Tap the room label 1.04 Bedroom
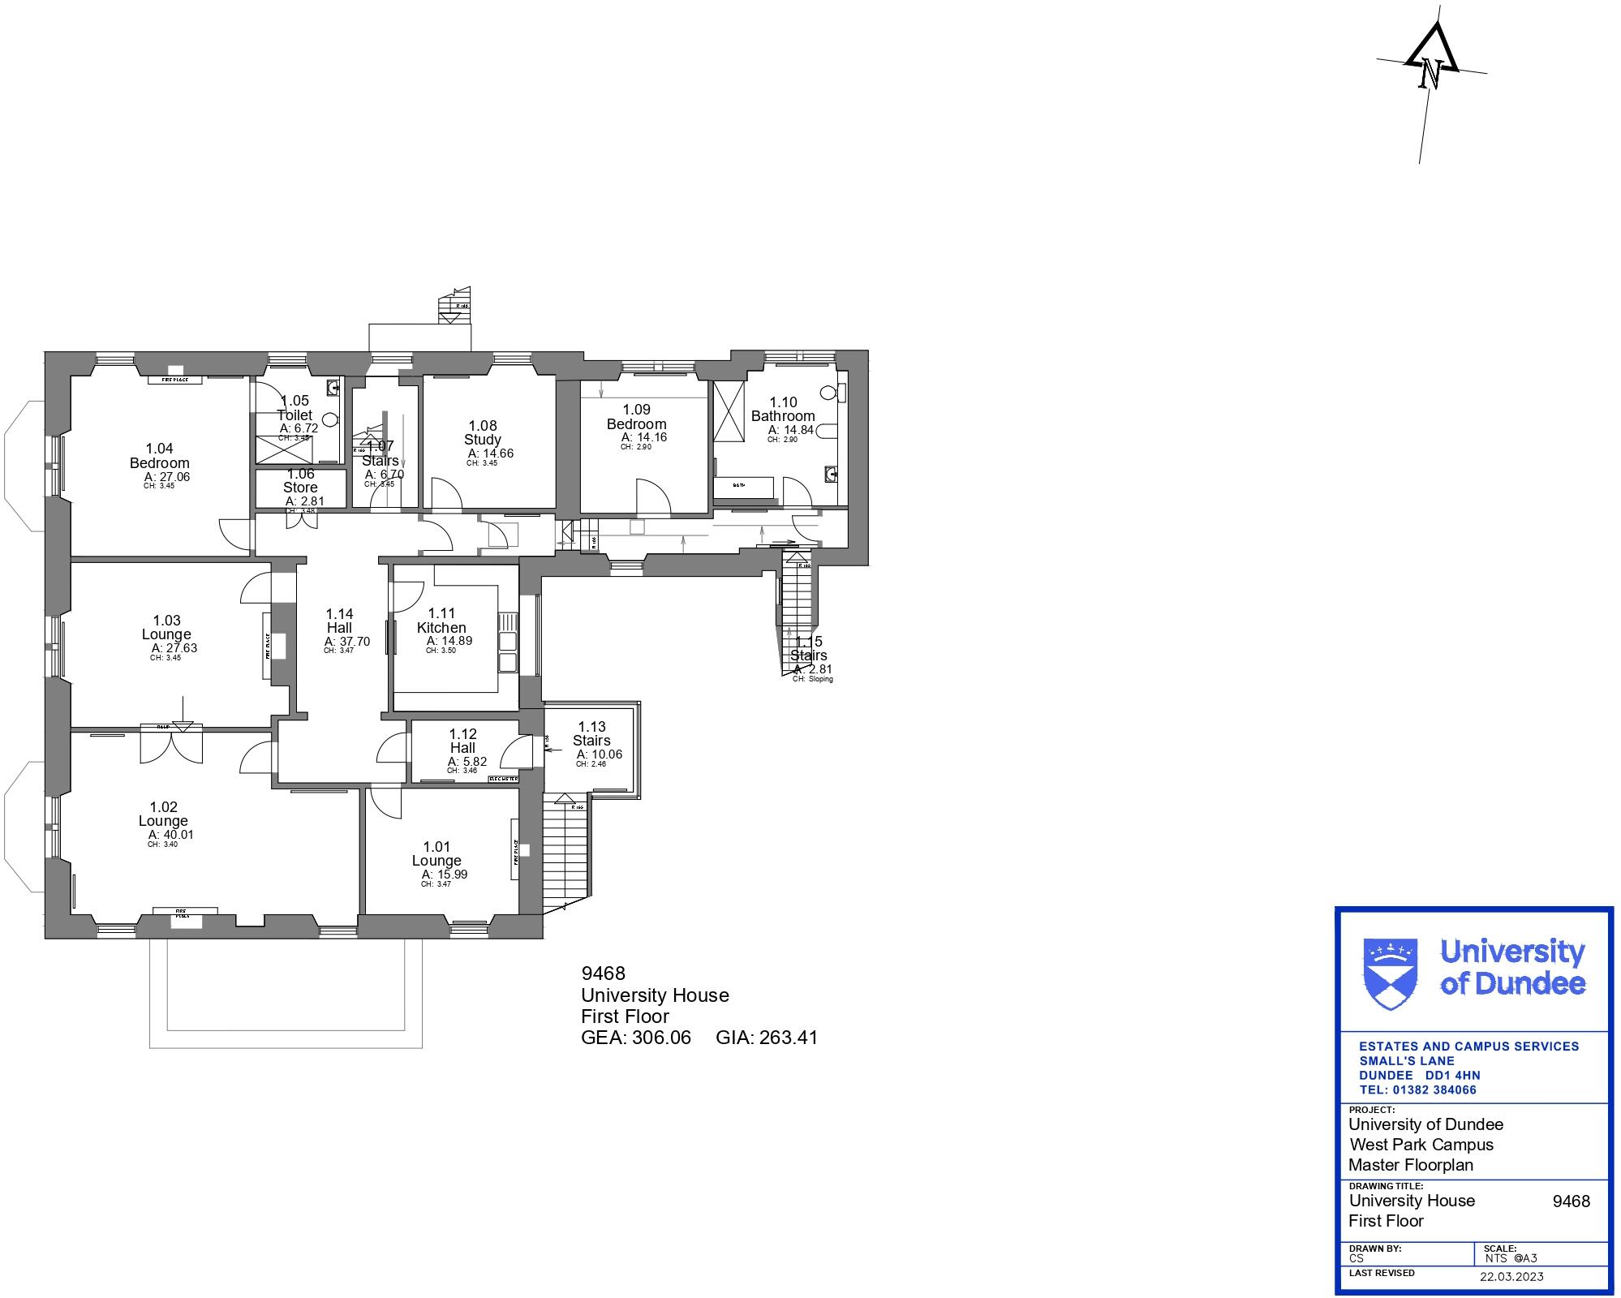(159, 456)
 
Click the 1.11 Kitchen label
(441, 621)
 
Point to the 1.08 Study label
(483, 432)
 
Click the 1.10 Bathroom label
(783, 409)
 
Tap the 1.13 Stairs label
(591, 733)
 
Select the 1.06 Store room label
(300, 481)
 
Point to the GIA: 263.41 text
(767, 1038)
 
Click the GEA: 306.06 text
(636, 1038)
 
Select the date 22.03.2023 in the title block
(1511, 1277)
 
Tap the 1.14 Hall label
(339, 621)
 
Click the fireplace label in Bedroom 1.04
(175, 380)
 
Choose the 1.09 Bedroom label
(636, 417)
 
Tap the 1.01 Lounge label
(436, 853)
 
